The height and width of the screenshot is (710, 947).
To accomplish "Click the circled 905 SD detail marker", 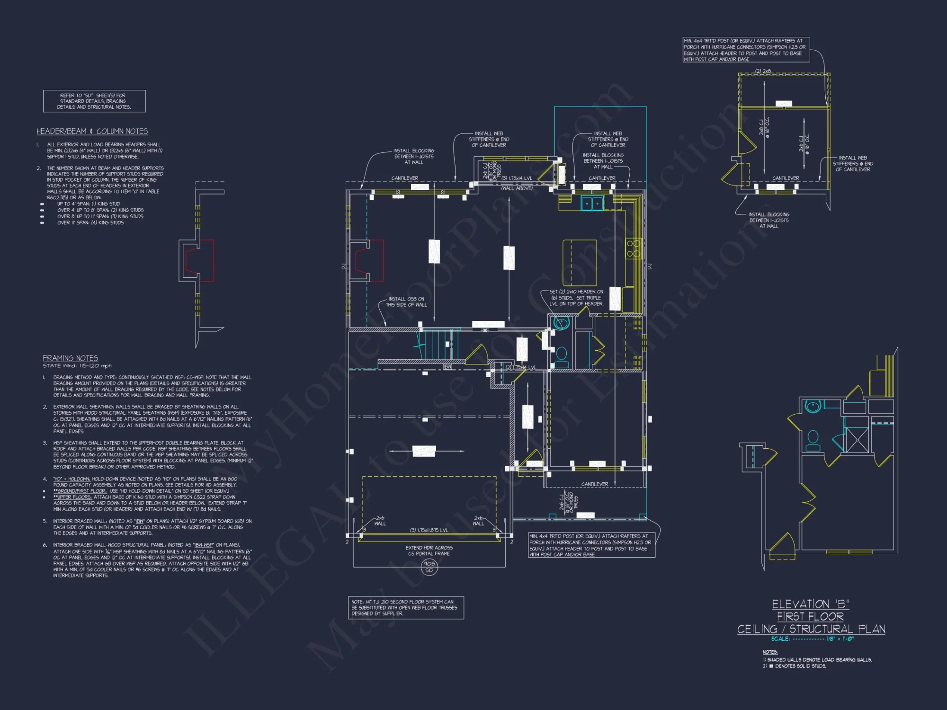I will click(429, 567).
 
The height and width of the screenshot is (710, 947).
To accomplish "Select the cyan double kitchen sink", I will click(592, 204).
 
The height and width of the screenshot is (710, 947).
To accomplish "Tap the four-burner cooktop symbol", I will click(633, 248).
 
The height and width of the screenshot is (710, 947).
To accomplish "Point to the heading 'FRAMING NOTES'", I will click(71, 358).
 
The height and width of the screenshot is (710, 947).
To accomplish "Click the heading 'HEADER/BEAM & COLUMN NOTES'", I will click(92, 131).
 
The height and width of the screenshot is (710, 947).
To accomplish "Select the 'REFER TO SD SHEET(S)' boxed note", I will click(94, 101).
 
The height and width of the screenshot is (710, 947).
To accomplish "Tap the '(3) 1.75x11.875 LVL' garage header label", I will click(429, 530).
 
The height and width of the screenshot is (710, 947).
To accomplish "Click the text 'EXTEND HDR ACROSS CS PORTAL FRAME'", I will click(429, 550).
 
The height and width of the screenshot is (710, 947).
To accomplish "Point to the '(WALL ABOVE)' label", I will click(517, 188).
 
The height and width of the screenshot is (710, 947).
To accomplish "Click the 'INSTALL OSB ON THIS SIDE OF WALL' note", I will click(406, 302).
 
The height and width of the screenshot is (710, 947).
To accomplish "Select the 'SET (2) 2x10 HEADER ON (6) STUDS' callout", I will click(576, 298).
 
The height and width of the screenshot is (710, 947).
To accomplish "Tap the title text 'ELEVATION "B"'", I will click(811, 604).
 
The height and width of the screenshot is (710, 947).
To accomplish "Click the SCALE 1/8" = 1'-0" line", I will click(812, 639).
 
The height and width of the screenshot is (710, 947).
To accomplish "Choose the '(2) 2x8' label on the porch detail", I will click(763, 71).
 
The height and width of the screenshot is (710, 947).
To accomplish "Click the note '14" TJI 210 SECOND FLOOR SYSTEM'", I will click(405, 607).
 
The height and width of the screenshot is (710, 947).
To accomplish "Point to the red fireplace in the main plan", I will click(369, 261).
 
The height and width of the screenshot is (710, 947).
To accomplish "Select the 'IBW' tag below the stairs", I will click(447, 367).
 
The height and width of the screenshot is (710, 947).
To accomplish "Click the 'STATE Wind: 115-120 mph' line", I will click(77, 366).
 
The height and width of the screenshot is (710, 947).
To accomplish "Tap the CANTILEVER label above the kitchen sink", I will click(602, 178).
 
